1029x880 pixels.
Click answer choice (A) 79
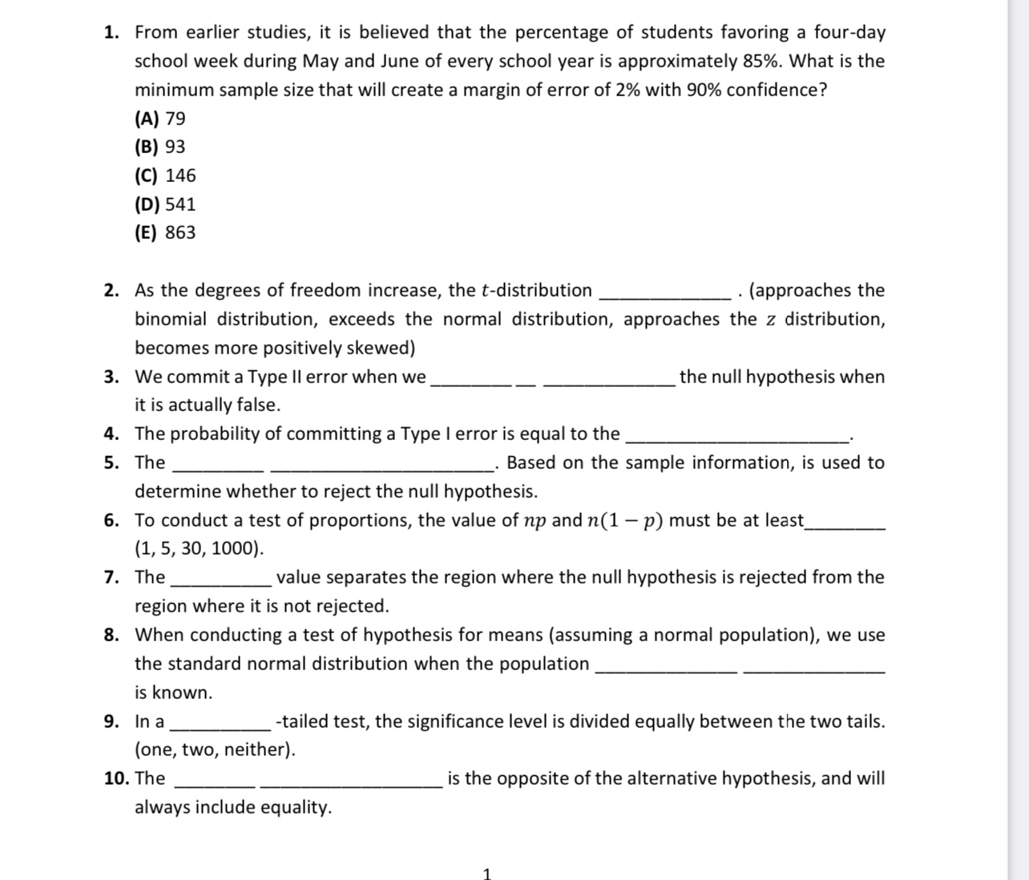click(160, 119)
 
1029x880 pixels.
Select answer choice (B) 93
click(160, 147)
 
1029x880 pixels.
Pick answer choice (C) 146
click(165, 176)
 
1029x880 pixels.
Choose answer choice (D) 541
click(165, 204)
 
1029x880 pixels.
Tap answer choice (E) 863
click(165, 232)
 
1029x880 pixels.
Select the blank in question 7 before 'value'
click(221, 581)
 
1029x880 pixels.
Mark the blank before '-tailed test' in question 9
click(221, 725)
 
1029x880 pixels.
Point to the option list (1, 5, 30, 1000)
click(199, 549)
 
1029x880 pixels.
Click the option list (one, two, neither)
click(215, 750)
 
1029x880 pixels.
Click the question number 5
click(111, 462)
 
